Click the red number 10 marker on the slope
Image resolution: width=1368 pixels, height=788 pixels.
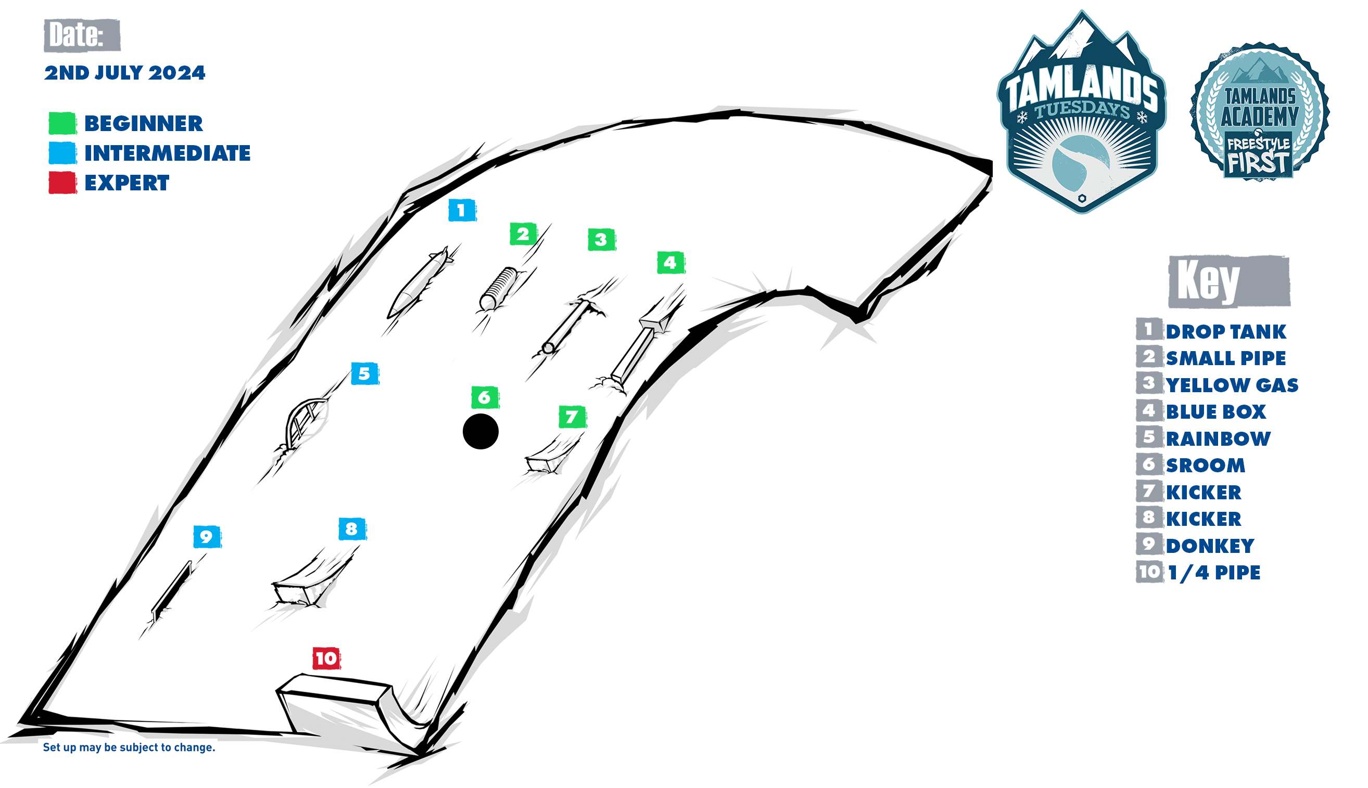[326, 658]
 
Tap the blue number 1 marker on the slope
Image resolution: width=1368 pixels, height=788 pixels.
[462, 210]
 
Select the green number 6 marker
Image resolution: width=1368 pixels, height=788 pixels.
[485, 397]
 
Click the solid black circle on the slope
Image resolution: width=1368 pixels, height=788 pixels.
[480, 431]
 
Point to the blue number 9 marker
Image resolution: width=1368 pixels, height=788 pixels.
[207, 536]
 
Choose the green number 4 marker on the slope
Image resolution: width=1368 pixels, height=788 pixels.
[671, 263]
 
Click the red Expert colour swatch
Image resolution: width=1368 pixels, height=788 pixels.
[63, 183]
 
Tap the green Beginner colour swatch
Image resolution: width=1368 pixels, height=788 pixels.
[63, 123]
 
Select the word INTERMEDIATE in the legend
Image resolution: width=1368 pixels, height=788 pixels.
[167, 153]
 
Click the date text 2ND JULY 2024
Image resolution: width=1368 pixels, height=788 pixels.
[124, 72]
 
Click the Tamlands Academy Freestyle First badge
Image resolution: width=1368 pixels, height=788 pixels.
[1259, 111]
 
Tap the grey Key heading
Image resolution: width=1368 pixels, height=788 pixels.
[1229, 281]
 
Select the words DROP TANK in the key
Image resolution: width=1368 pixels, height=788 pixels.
[1225, 331]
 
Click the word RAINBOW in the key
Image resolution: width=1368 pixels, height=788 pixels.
[1218, 438]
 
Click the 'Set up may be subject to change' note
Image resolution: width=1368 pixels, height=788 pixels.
[129, 747]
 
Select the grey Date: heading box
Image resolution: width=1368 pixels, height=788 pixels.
[82, 35]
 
